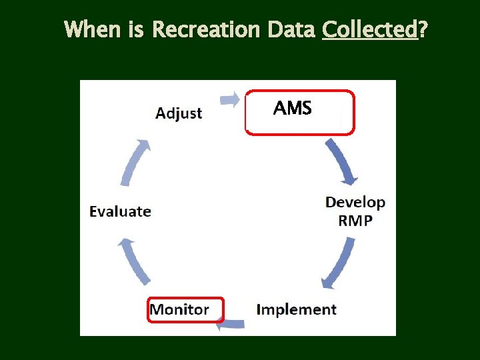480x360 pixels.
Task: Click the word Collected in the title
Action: (x=369, y=30)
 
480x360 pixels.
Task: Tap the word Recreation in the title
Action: (x=207, y=30)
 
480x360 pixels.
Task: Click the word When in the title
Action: (x=93, y=30)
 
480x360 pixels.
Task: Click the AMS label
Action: (x=293, y=108)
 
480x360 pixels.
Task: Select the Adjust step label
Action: (x=179, y=113)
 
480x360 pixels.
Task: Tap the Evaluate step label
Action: (x=121, y=211)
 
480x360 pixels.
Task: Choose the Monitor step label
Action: (x=179, y=310)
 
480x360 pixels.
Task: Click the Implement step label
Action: (x=297, y=310)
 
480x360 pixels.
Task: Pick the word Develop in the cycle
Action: (x=355, y=202)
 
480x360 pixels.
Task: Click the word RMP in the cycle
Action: (x=355, y=221)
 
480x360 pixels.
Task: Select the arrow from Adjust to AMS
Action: (x=231, y=99)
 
